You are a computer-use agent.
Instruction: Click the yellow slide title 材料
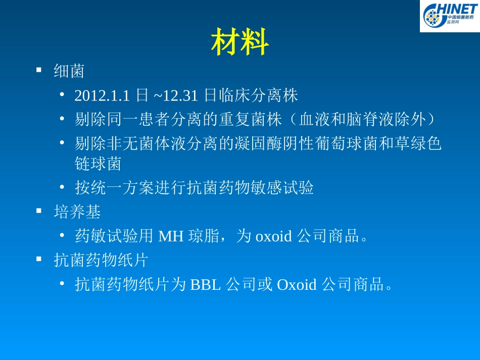coord(239,42)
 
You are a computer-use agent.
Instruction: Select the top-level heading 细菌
coord(69,72)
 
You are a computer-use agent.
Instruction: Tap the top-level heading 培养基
coord(77,212)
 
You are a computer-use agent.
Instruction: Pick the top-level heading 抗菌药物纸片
coord(101,261)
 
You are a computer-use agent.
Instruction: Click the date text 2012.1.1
coord(102,95)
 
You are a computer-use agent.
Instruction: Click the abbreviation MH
coord(171,236)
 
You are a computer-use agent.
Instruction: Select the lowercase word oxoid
coord(273,236)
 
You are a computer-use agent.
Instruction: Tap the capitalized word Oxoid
coord(297,285)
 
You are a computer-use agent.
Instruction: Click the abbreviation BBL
coord(205,285)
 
